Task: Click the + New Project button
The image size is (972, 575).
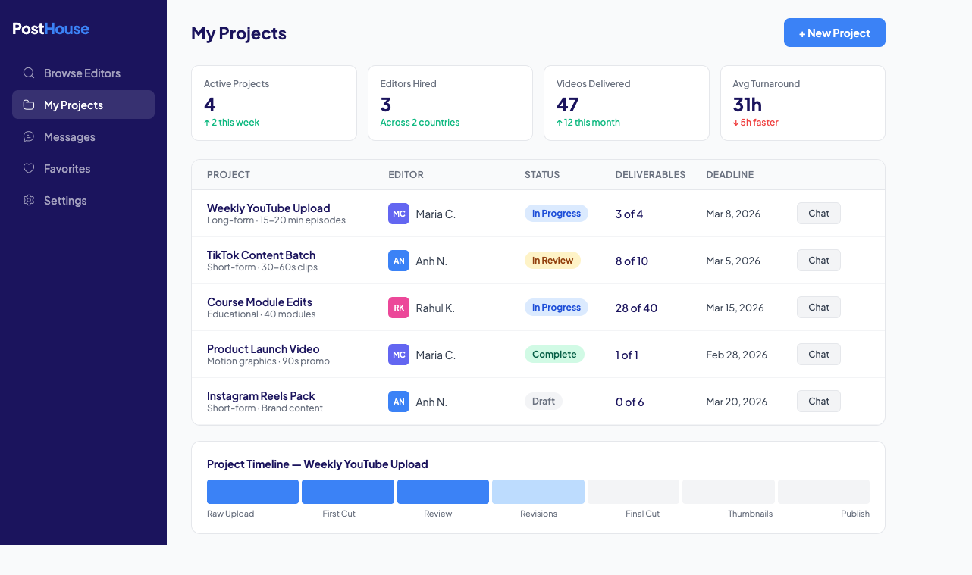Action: tap(834, 33)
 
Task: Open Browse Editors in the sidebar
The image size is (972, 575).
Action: tap(82, 73)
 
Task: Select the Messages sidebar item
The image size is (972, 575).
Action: tap(69, 137)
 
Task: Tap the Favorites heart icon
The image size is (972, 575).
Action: tap(29, 168)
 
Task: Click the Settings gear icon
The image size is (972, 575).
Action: tap(29, 200)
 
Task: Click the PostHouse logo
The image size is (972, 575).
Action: tap(51, 29)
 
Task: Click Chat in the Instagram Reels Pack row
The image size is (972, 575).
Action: tap(818, 402)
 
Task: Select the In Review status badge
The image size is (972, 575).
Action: tap(552, 261)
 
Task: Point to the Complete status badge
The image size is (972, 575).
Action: tap(553, 355)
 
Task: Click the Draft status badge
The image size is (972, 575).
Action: tap(543, 402)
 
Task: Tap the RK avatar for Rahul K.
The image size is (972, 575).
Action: tap(399, 308)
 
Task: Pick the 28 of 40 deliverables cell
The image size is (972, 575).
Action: tap(636, 308)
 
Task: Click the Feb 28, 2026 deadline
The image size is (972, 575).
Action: tap(736, 355)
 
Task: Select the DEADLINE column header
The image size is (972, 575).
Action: tap(729, 175)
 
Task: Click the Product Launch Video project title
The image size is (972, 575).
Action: tap(263, 349)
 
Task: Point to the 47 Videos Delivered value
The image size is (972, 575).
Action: tap(567, 105)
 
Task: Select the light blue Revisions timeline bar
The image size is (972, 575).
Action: tap(538, 492)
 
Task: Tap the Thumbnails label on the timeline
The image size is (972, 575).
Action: tap(750, 514)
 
